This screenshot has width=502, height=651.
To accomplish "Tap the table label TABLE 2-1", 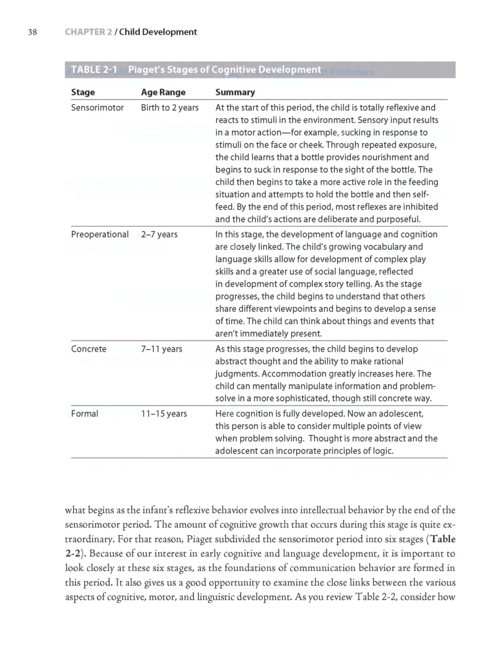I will pos(94,69).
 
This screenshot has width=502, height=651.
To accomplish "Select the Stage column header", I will pos(83,92).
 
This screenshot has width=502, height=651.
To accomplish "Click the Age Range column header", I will pos(164,92).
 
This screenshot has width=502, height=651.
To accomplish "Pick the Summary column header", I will pos(235,92).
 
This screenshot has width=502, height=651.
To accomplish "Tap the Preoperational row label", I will pos(100,235).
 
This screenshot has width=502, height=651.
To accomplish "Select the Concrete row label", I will pos(89,349).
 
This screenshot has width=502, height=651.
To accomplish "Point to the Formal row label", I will pos(84,413).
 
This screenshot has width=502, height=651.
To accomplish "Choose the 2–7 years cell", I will pos(159,235).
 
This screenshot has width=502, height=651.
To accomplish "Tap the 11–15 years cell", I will pos(164,413).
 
